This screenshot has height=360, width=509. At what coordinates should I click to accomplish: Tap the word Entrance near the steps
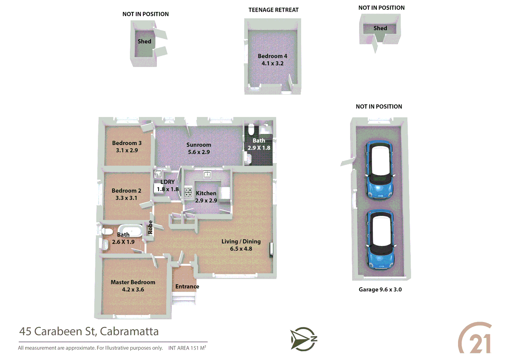187,286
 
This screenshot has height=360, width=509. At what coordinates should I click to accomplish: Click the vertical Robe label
150,227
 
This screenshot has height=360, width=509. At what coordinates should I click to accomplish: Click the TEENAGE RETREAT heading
273,10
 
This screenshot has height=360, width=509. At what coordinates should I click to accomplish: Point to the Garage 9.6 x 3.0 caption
380,289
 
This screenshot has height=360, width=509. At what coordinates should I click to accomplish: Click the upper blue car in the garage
380,170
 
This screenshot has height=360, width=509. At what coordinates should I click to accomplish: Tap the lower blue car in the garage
380,239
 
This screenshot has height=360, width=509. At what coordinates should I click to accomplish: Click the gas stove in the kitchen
188,192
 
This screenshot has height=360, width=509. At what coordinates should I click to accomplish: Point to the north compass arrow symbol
303,339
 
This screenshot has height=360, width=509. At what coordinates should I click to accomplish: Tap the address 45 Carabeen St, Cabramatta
89,331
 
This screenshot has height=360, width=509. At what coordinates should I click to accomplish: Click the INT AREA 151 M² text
187,348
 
